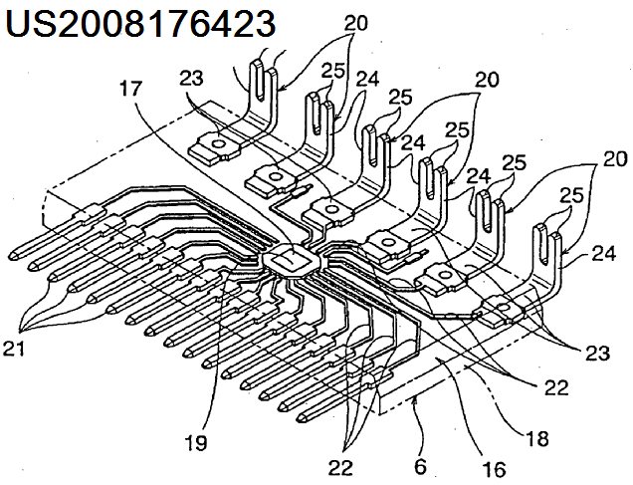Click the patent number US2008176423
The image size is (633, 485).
click(139, 23)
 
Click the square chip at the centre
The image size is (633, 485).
click(288, 261)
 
